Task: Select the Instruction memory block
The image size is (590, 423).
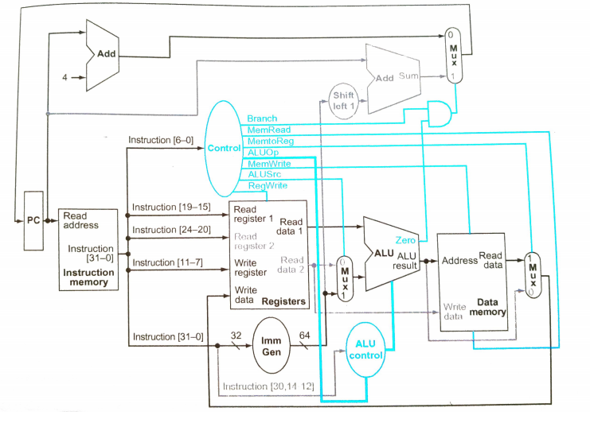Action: coord(89,249)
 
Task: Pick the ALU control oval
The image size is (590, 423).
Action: coord(365,349)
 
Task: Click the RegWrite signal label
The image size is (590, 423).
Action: coord(268,185)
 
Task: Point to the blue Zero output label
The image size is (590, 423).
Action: coord(404,239)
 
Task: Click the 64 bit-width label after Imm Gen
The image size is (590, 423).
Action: coord(305,335)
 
